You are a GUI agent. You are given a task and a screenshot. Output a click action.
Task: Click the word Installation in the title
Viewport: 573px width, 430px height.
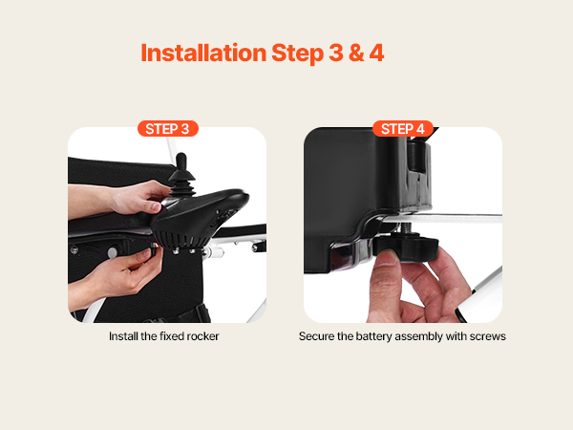203,53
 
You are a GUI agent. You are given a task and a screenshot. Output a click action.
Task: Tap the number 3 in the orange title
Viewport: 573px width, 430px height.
336,53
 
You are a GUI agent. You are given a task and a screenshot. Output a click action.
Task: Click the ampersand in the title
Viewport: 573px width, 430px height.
356,53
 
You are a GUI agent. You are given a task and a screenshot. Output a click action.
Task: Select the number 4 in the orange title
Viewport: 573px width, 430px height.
376,53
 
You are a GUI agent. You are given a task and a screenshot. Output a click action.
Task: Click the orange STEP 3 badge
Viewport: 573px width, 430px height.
168,129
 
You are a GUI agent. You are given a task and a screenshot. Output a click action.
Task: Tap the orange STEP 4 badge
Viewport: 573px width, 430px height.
403,129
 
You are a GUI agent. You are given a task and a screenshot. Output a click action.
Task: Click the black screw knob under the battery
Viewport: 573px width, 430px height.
406,247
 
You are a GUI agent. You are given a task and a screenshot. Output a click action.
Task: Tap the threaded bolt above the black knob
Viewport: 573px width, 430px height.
409,228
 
